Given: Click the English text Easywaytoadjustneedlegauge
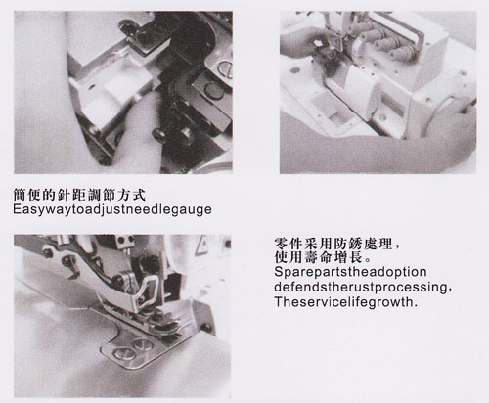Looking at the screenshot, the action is pos(112,209).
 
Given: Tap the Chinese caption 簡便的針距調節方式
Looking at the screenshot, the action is pos(79,195).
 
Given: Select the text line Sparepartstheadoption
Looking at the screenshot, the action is pos(350,272).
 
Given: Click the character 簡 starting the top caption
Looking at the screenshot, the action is pos(20,195).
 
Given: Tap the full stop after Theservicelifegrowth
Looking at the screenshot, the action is pos(415,306).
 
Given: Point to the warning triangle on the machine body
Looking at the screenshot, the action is pos(201,245).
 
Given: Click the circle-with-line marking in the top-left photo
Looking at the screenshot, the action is pos(226,68).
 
